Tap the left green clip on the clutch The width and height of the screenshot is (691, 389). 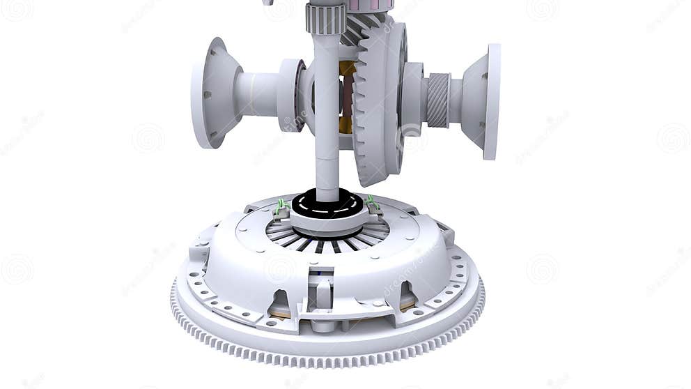tap(281, 206)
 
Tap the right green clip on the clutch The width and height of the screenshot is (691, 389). tap(372, 203)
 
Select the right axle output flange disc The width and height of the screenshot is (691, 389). tap(492, 102)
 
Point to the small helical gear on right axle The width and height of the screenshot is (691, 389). tap(437, 100)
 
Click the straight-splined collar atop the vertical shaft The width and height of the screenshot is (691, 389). tap(325, 18)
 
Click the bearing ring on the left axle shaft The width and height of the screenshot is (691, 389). tap(290, 95)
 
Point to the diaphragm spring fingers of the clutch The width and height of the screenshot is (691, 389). tap(327, 241)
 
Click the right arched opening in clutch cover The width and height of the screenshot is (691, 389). tap(406, 298)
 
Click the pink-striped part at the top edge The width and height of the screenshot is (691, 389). tap(369, 5)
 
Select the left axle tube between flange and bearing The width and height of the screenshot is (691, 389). tap(256, 94)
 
